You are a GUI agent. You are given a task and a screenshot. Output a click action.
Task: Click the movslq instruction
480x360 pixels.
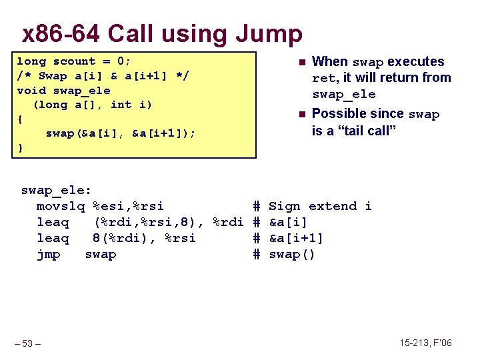61,207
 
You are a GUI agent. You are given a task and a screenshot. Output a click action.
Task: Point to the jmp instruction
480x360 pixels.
48,255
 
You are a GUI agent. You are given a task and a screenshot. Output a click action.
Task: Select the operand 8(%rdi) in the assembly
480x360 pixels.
117,239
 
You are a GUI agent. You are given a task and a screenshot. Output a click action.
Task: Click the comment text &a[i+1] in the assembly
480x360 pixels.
296,239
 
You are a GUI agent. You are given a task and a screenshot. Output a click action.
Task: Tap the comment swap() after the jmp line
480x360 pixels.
291,255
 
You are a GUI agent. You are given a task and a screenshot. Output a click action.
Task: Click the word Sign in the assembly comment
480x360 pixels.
285,207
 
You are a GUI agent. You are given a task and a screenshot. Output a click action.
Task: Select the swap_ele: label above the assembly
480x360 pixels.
57,191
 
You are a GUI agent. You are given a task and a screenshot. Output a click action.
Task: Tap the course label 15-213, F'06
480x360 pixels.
425,343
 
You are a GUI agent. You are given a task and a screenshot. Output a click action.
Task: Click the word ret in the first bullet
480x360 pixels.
323,79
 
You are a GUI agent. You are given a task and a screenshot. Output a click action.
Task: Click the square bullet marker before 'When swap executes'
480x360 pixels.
301,63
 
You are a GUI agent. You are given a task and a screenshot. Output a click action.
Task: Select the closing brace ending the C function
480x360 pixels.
19,148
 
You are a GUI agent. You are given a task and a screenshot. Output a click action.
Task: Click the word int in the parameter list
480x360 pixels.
121,105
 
